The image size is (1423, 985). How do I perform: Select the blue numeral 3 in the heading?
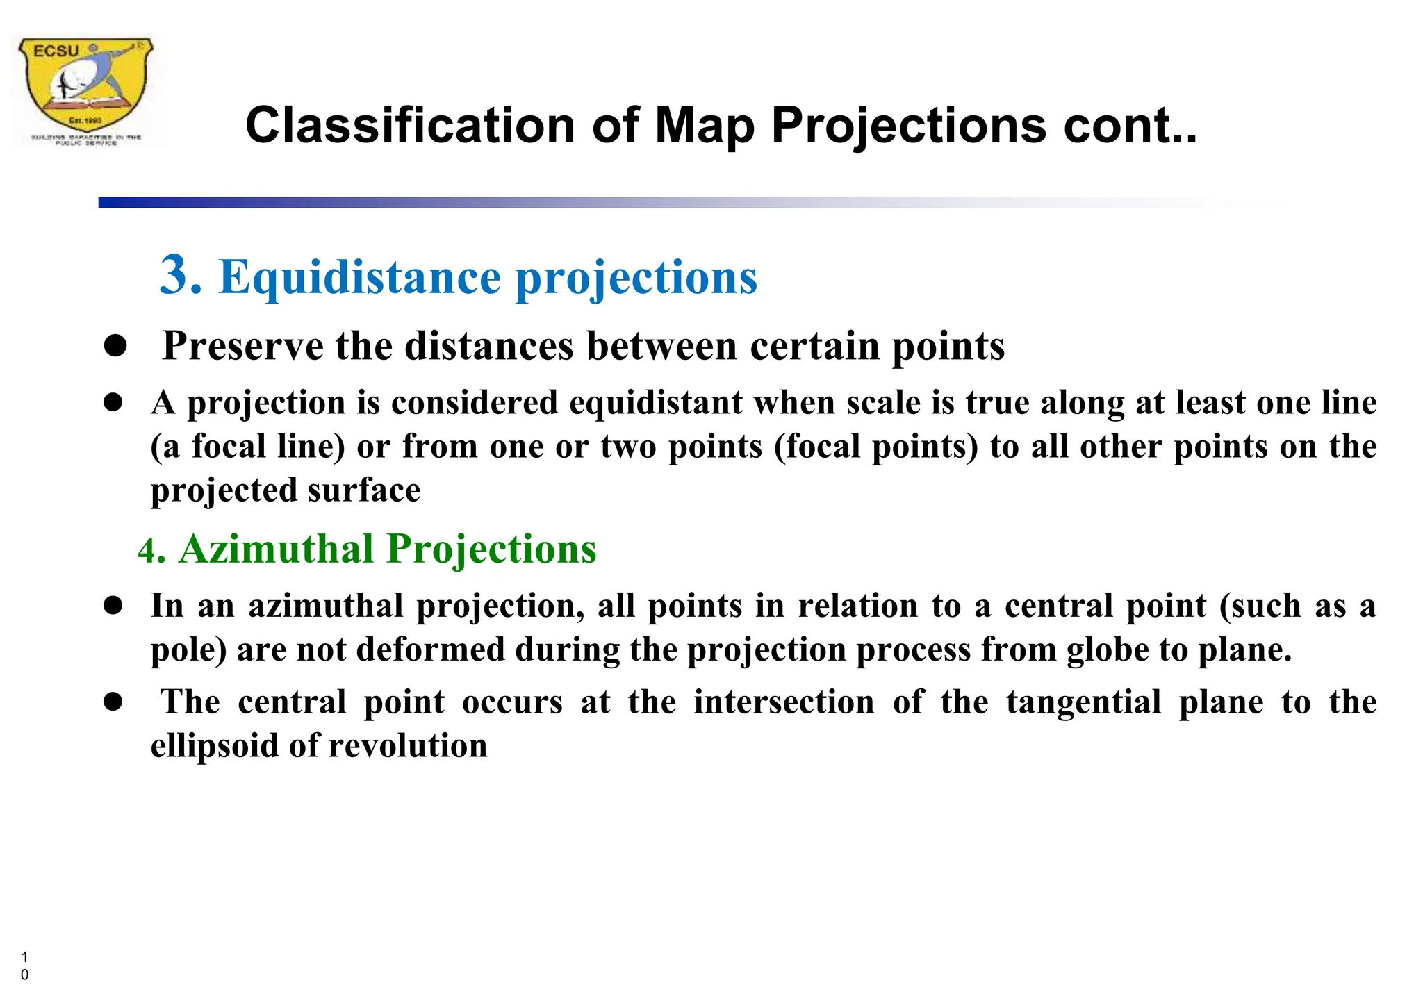[180, 275]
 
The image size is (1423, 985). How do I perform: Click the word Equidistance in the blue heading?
[360, 277]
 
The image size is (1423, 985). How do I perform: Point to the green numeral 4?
[149, 552]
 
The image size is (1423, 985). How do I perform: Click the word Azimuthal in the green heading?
[277, 549]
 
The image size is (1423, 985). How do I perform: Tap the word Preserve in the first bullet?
[242, 346]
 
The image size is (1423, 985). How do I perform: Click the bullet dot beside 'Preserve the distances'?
[115, 346]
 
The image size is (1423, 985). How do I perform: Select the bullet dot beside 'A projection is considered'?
[113, 403]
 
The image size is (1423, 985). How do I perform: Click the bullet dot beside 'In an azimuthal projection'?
[113, 606]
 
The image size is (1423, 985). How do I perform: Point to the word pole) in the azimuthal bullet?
[189, 650]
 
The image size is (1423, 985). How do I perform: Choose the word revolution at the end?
[408, 746]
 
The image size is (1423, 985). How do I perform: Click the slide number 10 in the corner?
[25, 966]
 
